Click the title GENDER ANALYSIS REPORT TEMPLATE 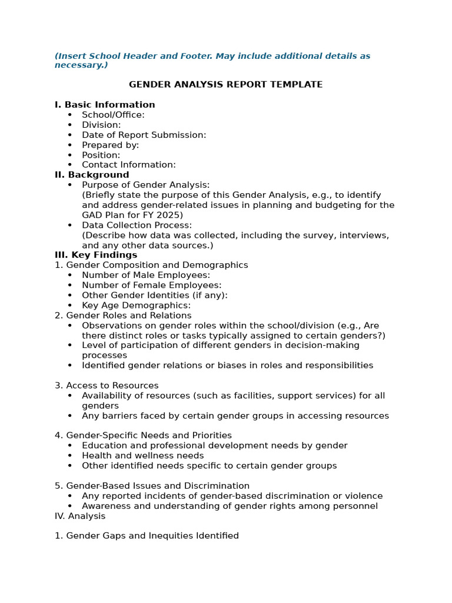[225, 85]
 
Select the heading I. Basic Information [105, 105]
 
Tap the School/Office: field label [113, 115]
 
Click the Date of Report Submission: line [144, 135]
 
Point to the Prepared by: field [110, 145]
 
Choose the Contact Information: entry [128, 165]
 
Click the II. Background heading [92, 175]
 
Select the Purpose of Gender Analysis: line [145, 185]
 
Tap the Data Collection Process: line [137, 225]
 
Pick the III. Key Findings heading [96, 255]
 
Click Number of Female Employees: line [151, 285]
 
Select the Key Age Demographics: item [136, 305]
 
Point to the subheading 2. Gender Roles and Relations [123, 315]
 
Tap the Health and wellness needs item [142, 455]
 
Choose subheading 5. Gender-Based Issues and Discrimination [152, 486]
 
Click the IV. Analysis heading [80, 516]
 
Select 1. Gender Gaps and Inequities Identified [147, 536]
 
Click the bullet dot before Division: [70, 125]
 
